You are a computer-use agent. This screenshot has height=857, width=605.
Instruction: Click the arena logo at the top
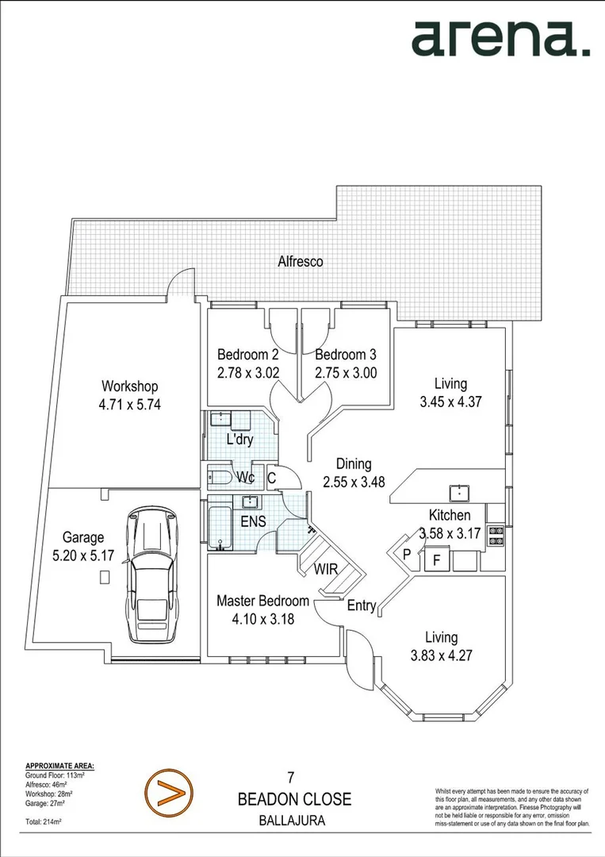click(500, 39)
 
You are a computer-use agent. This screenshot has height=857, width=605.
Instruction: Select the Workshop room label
click(129, 386)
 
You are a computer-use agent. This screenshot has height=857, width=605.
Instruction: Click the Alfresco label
click(300, 261)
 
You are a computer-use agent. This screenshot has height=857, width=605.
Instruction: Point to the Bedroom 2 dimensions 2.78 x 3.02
click(247, 371)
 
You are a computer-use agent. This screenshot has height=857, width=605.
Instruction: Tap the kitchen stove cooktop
click(496, 536)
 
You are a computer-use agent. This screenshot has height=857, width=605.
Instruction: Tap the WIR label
click(328, 569)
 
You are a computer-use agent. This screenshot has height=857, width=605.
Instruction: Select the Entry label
click(362, 605)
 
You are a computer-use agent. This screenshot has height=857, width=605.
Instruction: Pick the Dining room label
click(353, 464)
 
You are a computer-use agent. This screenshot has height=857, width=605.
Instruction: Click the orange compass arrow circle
click(169, 791)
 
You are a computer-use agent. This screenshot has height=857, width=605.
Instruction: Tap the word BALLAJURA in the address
click(293, 821)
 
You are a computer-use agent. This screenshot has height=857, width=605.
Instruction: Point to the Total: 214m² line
click(44, 822)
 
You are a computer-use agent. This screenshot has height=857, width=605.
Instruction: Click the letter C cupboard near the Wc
click(271, 478)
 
